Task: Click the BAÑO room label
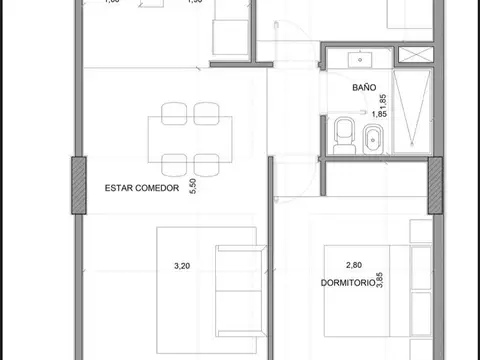click(x=363, y=87)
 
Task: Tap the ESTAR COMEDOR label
click(x=141, y=187)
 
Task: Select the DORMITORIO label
click(x=348, y=283)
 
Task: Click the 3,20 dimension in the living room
click(x=182, y=266)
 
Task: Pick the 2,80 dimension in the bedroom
click(x=353, y=266)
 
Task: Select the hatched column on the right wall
click(x=435, y=184)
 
